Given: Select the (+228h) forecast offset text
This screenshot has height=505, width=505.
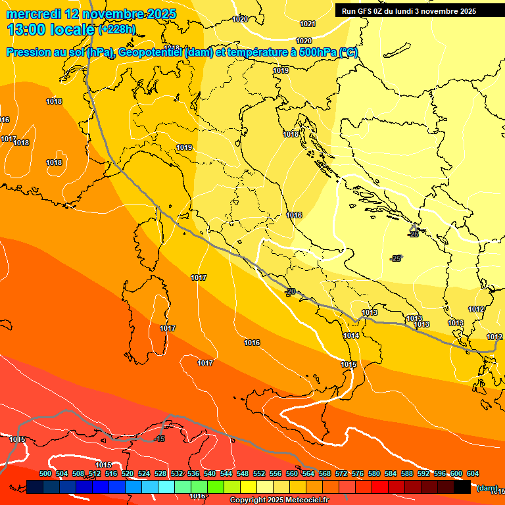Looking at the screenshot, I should click(117, 30).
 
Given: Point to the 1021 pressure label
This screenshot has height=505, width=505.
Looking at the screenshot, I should click(307, 24).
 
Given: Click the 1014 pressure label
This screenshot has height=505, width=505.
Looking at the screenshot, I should click(351, 335).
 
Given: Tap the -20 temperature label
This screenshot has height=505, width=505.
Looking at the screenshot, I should click(290, 291).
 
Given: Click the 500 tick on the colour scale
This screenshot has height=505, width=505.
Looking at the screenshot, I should click(45, 473).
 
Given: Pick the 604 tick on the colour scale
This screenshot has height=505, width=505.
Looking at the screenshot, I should click(472, 473).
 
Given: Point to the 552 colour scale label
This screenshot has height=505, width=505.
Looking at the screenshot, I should click(259, 473).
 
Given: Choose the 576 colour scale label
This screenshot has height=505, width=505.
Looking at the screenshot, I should click(358, 473).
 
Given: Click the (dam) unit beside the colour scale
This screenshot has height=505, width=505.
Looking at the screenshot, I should click(486, 487).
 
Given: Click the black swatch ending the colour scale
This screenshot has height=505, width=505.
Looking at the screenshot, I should click(462, 487).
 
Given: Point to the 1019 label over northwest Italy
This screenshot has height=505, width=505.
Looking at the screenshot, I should click(184, 147).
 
